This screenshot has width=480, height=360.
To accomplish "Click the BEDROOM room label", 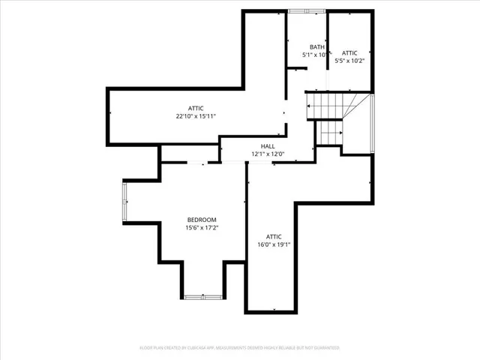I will click(202, 220).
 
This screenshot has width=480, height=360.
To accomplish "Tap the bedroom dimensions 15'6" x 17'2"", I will click(202, 228).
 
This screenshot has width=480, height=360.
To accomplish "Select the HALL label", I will click(268, 146).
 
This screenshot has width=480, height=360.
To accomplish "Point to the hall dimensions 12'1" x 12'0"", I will click(268, 154).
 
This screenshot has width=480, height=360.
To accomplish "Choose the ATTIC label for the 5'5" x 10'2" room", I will click(349, 53).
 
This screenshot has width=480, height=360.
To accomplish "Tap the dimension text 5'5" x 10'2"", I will click(349, 61).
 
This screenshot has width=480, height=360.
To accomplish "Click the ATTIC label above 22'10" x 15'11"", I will click(196, 109).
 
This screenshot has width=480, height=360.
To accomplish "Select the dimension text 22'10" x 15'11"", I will click(196, 117).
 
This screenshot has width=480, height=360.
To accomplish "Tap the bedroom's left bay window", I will click(126, 202).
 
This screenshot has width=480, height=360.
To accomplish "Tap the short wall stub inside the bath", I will click(296, 67).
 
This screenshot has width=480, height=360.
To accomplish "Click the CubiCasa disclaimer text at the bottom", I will click(240, 348).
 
